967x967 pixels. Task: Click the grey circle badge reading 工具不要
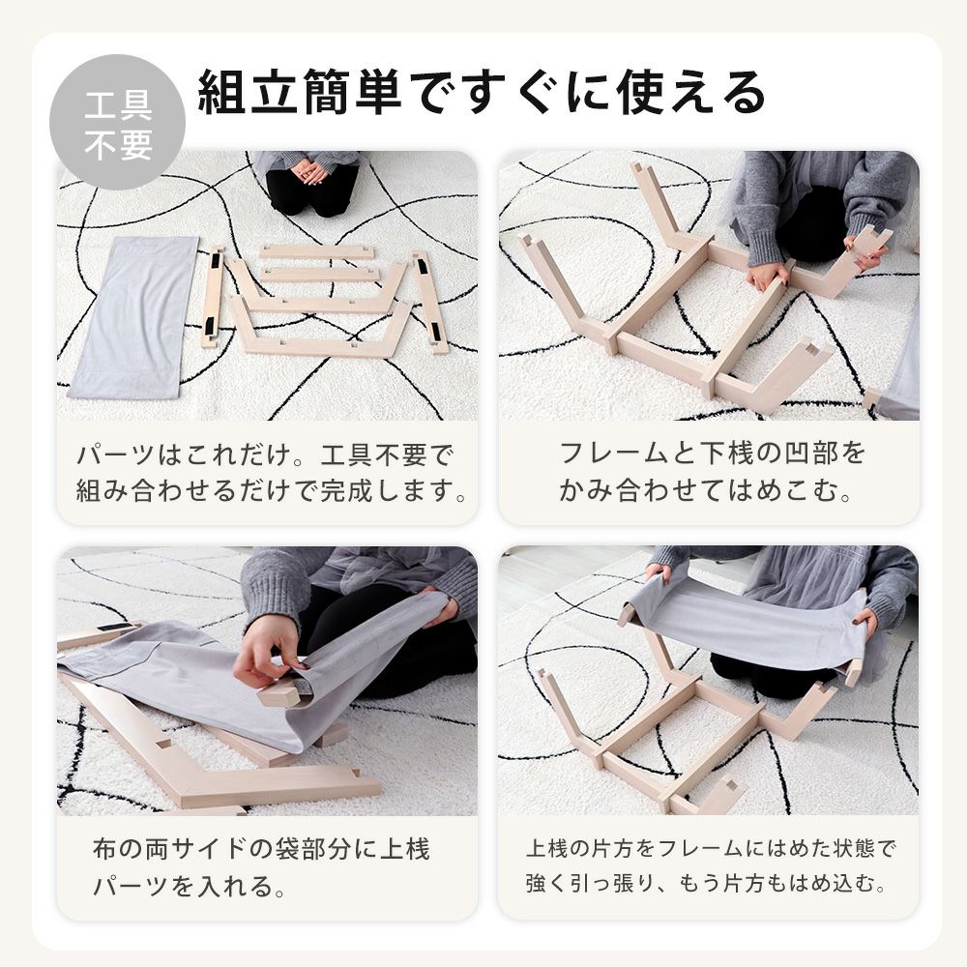coord(117,122)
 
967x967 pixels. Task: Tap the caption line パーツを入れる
coord(190,886)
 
